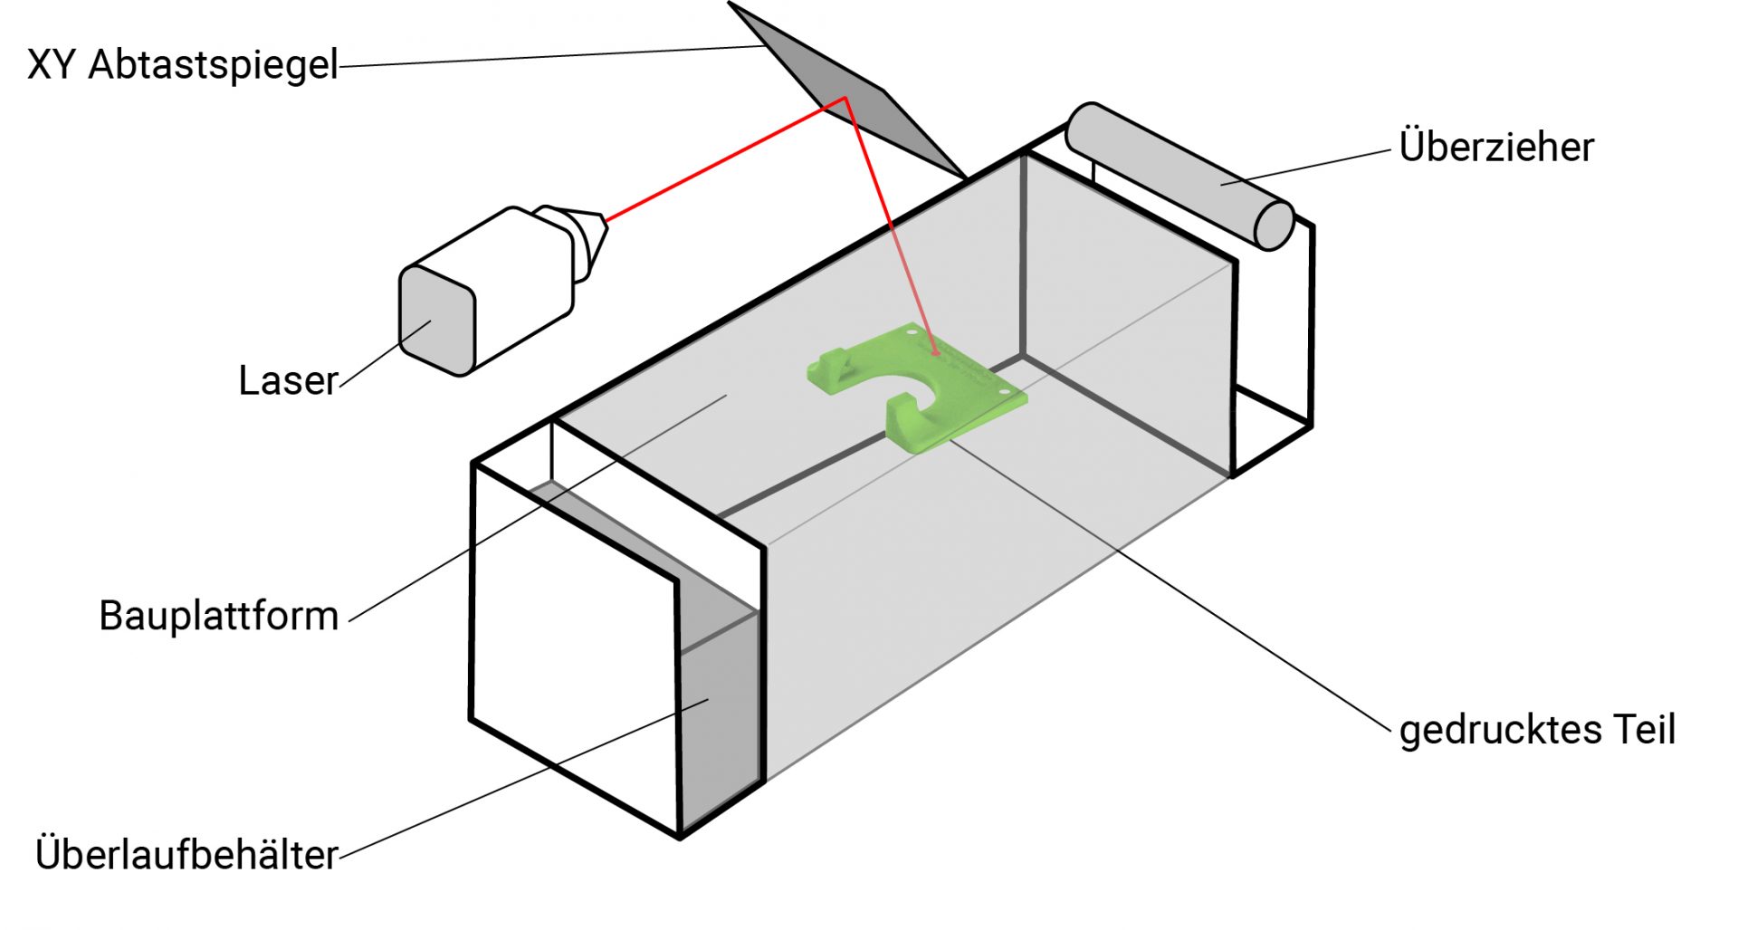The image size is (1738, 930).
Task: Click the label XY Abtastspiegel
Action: click(x=183, y=65)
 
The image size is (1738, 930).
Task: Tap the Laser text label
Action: click(x=288, y=380)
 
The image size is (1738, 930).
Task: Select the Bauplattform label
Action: click(x=219, y=616)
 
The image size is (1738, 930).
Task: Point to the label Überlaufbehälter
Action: click(x=186, y=854)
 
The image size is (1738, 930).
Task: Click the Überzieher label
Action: click(x=1496, y=147)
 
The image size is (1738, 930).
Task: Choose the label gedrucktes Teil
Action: click(x=1537, y=730)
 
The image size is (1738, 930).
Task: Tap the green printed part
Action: click(x=916, y=386)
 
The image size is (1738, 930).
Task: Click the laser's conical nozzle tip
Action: click(x=592, y=232)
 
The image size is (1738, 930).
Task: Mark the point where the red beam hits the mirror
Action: click(x=845, y=97)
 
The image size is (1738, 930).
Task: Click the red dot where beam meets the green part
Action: click(x=935, y=352)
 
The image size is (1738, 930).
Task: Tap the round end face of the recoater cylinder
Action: click(x=1274, y=225)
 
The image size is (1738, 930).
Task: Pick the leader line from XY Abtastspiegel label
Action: click(x=549, y=57)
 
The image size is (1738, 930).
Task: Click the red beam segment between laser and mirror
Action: click(x=725, y=158)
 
